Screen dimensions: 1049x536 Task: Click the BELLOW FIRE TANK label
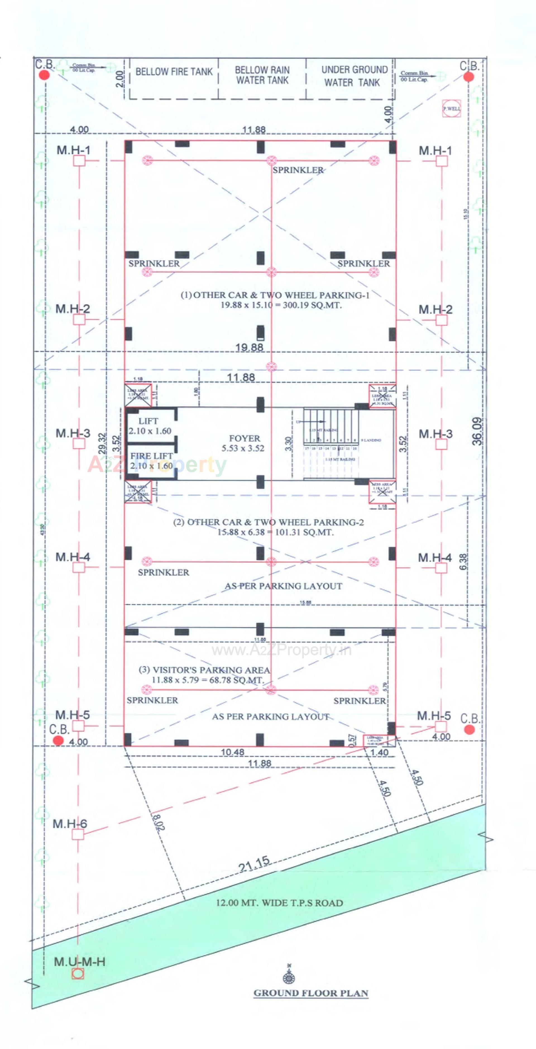coord(174,72)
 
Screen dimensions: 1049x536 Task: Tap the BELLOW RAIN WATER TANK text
coord(262,75)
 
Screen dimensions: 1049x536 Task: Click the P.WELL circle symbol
coord(452,109)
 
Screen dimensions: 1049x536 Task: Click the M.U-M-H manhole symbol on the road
coord(78,974)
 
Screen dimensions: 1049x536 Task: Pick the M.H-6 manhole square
coord(78,834)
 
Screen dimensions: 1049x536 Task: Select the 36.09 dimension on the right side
coord(477,431)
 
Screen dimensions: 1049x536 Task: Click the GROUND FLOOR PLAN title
coord(311,993)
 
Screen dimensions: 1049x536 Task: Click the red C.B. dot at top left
coord(44,75)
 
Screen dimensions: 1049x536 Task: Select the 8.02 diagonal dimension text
coord(159,822)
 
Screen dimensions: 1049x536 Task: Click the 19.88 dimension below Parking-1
coord(249,347)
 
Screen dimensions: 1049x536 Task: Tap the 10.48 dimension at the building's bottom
coord(233,752)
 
